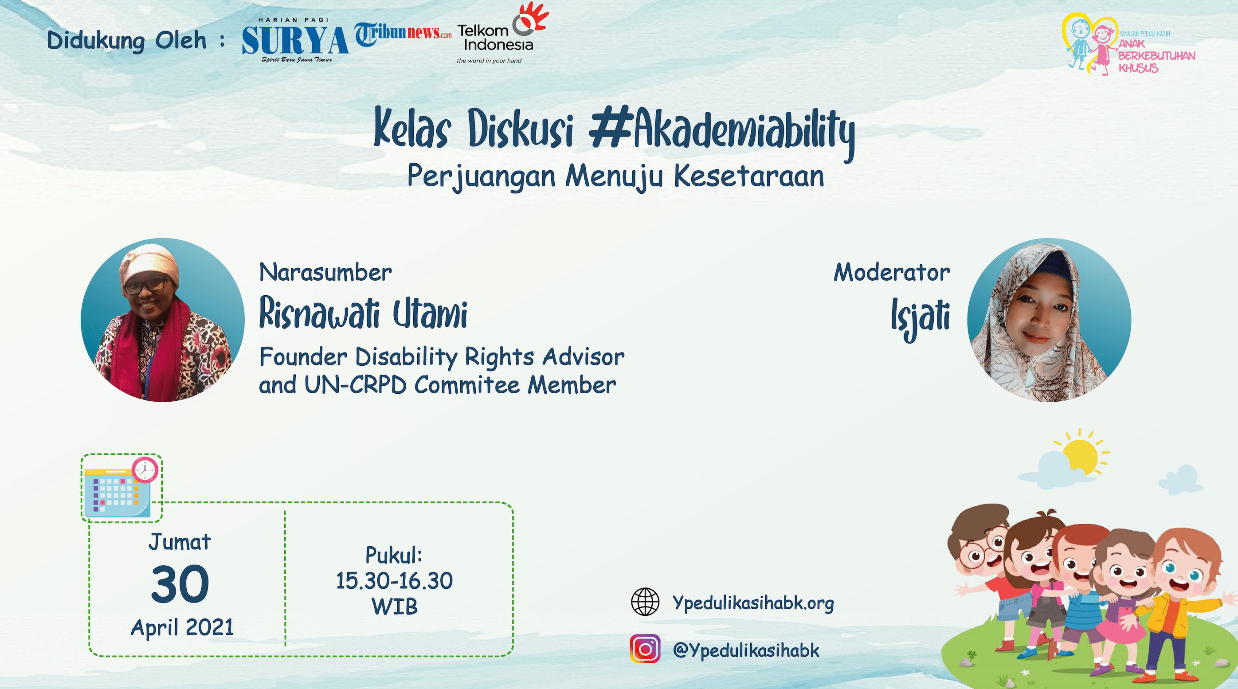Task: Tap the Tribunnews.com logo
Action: click(x=403, y=34)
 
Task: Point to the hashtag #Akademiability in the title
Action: click(x=722, y=131)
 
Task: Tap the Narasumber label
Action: click(x=325, y=272)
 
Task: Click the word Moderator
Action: click(x=892, y=272)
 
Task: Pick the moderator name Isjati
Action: click(x=921, y=317)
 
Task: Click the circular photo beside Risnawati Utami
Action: click(x=162, y=320)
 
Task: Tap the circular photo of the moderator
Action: click(x=1049, y=320)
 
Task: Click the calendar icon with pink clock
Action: click(x=121, y=488)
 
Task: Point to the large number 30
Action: click(x=180, y=584)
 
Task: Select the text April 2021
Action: click(x=182, y=627)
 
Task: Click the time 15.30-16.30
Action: click(x=394, y=581)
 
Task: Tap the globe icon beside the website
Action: click(x=645, y=602)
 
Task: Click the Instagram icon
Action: click(x=645, y=649)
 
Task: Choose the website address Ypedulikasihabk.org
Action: click(x=753, y=603)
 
